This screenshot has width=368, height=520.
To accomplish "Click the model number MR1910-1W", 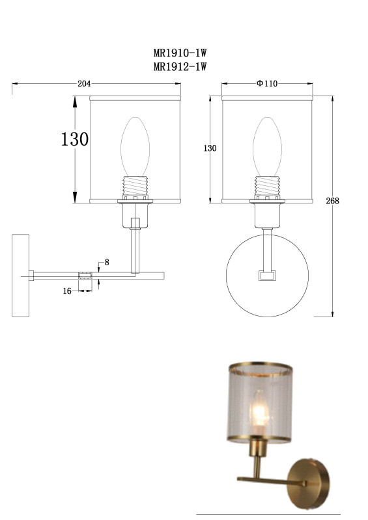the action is click(180, 53).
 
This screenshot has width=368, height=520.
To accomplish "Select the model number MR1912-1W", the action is click(180, 67).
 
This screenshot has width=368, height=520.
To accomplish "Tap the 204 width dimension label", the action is click(84, 84).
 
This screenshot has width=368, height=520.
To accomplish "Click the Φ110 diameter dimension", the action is click(267, 84).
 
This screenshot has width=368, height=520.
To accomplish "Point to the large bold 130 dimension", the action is click(75, 139).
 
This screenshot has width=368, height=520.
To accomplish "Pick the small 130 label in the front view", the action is click(210, 148).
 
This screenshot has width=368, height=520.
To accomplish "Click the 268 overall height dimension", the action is click(332, 201).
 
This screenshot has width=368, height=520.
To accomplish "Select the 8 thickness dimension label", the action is click(107, 263).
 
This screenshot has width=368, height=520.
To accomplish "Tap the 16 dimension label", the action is click(67, 291).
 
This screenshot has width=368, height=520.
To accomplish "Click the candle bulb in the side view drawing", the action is click(135, 147).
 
